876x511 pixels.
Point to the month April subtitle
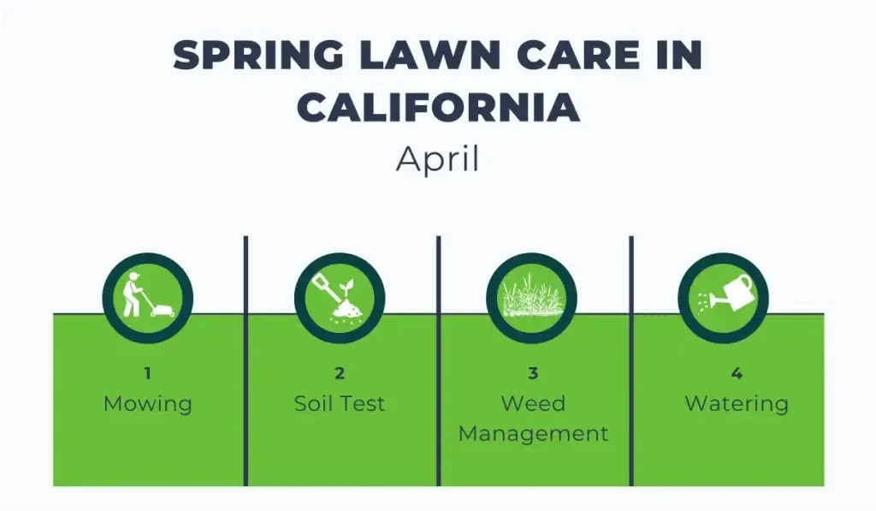(x=437, y=160)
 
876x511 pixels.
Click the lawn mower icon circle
(x=147, y=296)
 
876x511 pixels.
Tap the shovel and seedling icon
(x=339, y=296)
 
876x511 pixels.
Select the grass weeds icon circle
(x=531, y=296)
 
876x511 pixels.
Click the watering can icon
(x=724, y=296)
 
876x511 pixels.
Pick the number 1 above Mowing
(x=147, y=373)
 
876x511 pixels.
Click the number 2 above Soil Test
(x=340, y=373)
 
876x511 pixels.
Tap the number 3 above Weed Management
(x=533, y=373)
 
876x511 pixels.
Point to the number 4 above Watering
(x=737, y=373)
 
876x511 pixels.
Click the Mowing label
(x=147, y=404)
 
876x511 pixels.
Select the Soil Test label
(x=340, y=403)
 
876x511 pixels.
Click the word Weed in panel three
(x=533, y=403)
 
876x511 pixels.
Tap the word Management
(x=533, y=433)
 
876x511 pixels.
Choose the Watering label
(x=737, y=403)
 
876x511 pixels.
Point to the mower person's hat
(x=133, y=276)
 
